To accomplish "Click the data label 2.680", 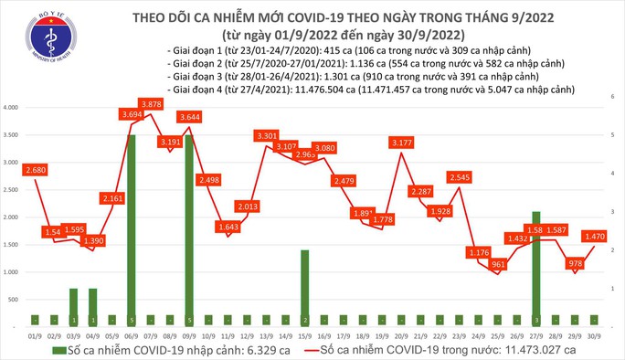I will [x=36, y=169].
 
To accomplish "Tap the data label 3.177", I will [x=401, y=143].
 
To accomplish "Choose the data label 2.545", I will [x=460, y=176].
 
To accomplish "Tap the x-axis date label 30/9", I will [x=593, y=334].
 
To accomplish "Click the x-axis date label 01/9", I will [x=36, y=334].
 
